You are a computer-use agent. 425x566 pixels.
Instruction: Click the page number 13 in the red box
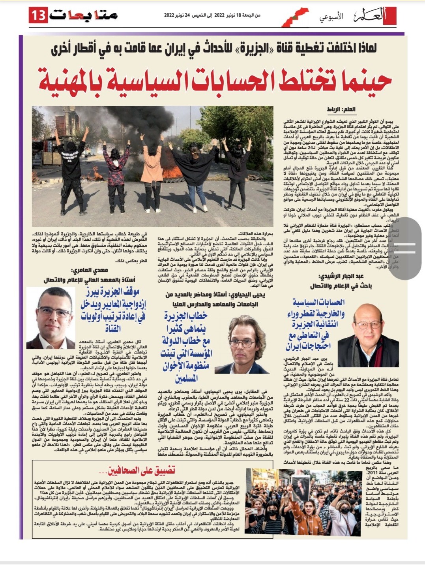coord(39,15)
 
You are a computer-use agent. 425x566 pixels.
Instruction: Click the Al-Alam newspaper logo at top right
coord(373,16)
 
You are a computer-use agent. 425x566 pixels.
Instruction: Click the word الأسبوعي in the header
coord(331,17)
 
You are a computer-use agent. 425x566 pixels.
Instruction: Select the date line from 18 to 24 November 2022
coord(212,15)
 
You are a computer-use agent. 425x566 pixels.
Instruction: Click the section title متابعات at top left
coord(84,15)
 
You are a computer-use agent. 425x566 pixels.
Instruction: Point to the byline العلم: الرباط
coord(341,109)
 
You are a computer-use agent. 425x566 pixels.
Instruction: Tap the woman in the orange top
coord(151,170)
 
